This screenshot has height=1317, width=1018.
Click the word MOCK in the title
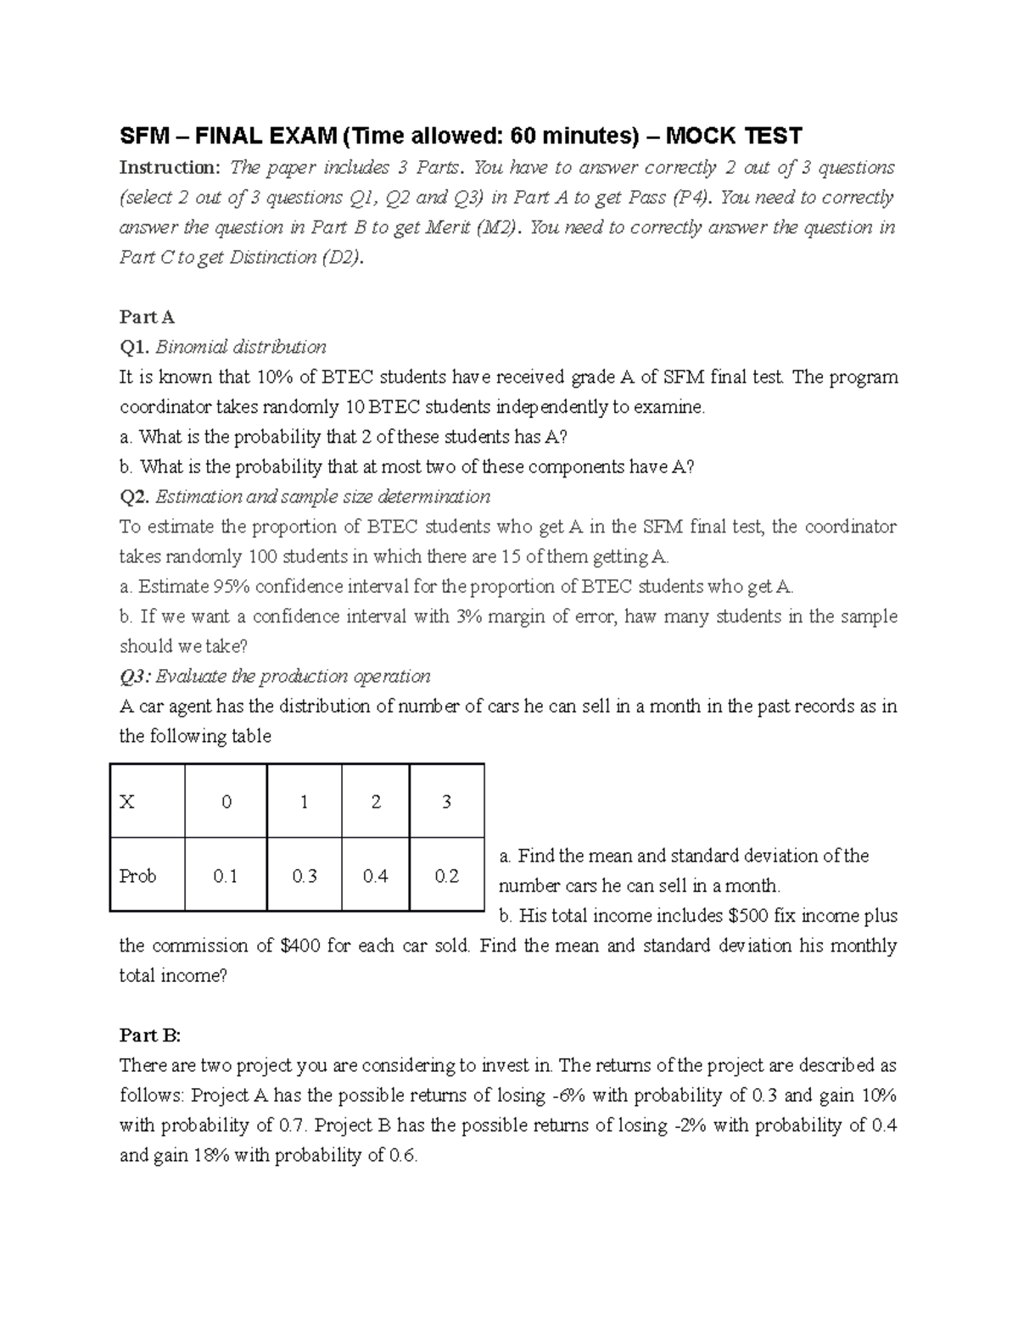coord(701,136)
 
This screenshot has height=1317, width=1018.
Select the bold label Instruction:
coord(169,167)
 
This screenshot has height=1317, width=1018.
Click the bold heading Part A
coord(147,317)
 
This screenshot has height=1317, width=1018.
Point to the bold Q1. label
coord(134,347)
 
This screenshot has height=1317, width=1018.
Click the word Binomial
coord(193,347)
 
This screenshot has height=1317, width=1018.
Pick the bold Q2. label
coord(134,497)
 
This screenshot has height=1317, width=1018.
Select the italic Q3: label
coord(136,677)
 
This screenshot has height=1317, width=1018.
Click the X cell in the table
coord(127,801)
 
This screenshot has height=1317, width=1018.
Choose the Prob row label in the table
coord(137,876)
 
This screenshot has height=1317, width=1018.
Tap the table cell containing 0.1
coord(226,876)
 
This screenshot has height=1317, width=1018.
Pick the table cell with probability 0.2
coord(446,876)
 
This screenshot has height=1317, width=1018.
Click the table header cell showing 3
coord(446,801)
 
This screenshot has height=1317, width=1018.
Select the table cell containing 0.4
coord(375,876)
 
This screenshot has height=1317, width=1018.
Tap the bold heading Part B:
coord(150,1035)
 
